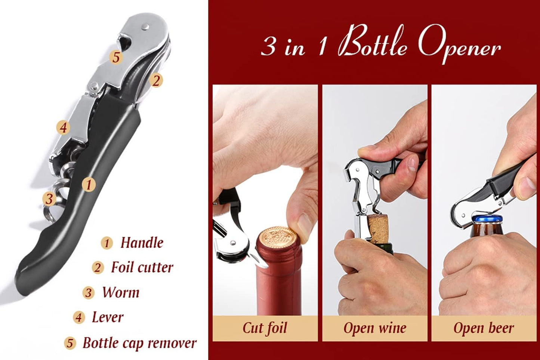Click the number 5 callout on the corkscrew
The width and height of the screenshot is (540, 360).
click(116, 57)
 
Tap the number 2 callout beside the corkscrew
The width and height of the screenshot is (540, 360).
click(156, 80)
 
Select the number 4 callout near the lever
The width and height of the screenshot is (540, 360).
click(63, 127)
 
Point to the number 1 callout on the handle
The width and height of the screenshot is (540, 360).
click(89, 184)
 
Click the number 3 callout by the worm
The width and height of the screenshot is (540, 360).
click(49, 199)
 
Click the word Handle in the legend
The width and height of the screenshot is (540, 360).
click(142, 243)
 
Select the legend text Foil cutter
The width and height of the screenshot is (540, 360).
click(142, 267)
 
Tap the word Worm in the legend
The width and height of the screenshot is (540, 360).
click(120, 292)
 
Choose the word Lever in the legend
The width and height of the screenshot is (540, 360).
click(107, 317)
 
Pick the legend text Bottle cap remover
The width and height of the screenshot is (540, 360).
click(139, 343)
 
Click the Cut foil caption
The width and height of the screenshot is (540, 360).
click(265, 328)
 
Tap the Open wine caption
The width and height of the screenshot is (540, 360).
click(374, 328)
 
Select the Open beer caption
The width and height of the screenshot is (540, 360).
click(484, 328)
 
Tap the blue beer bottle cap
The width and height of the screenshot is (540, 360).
click(486, 219)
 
